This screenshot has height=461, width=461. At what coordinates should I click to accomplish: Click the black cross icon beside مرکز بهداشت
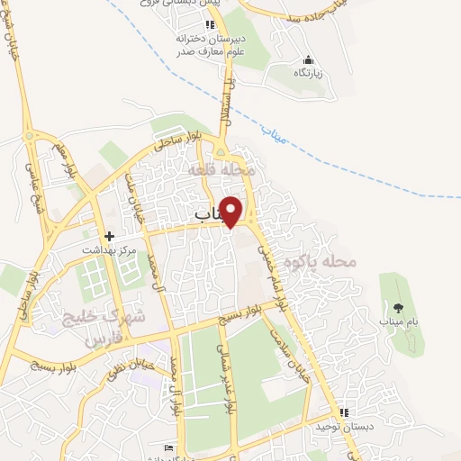[110, 236]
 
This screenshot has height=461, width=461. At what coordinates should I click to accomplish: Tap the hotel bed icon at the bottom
[167, 447]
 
